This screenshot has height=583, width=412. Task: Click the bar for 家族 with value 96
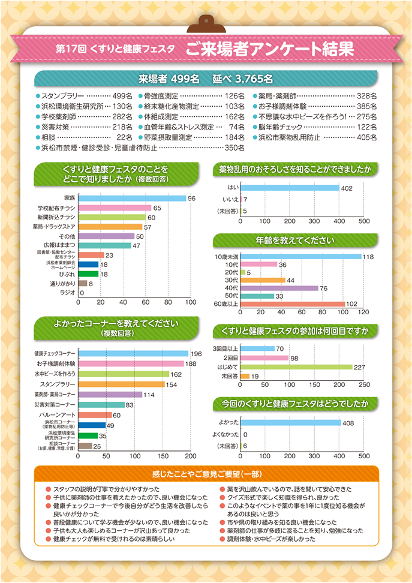click(x=133, y=198)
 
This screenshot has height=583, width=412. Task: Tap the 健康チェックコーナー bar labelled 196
click(x=134, y=354)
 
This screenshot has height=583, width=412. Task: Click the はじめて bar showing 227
click(x=296, y=366)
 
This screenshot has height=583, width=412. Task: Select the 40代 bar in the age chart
click(x=279, y=288)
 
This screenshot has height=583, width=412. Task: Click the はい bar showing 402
click(x=290, y=188)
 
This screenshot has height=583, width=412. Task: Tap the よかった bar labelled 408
click(x=291, y=422)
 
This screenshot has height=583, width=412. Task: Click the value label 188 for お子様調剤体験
click(x=191, y=364)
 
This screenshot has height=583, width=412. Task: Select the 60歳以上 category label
click(x=227, y=304)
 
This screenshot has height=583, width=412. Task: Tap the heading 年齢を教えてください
click(x=295, y=241)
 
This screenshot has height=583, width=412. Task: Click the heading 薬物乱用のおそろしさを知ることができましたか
click(x=295, y=170)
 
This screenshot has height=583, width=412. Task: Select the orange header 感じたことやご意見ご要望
click(x=206, y=474)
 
